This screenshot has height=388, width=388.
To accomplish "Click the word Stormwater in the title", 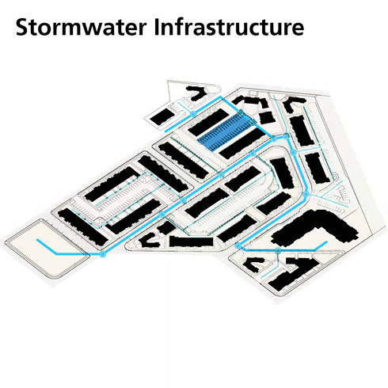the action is coord(81,27).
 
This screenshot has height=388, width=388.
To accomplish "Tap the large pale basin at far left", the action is coord(46,248).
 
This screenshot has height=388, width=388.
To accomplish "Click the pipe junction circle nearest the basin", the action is coord(103,254).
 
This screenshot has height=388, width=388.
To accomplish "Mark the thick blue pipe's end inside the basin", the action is coord(37,240).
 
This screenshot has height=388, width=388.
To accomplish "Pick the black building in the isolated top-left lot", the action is coord(162,116).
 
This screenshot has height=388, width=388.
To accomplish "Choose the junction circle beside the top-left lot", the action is coord(193,114).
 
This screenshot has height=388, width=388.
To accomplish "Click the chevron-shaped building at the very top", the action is coord(197,93).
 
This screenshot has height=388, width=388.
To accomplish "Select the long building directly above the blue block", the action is coord(208,122).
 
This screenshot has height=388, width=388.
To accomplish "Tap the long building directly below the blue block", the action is coord(240,143).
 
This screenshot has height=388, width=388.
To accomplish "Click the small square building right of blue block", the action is coord(267,118).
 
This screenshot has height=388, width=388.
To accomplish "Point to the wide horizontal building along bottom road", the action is coord(191,242).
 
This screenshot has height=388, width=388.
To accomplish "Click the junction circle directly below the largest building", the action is coord(278,250).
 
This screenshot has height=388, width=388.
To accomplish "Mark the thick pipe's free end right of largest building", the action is coord(326,242).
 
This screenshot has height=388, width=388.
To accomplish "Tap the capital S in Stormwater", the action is coord(22,27).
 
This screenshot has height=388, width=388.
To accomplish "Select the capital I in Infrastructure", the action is coord(157,27).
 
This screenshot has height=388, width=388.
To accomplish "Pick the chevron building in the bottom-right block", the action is coord(254,264).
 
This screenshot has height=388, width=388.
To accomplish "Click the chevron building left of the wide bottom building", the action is coord(150,240).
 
